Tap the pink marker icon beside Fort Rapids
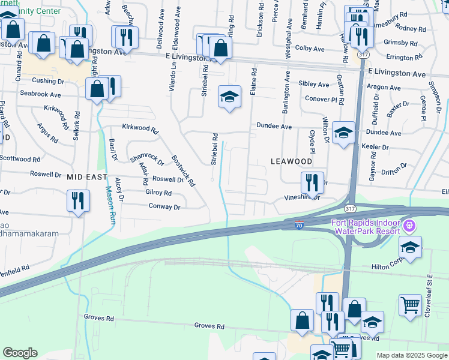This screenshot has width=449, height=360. (x=411, y=227)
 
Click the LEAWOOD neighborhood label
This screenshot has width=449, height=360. (x=291, y=161)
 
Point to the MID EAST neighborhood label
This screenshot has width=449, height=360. (x=86, y=177)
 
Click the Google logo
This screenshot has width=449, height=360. (x=20, y=353)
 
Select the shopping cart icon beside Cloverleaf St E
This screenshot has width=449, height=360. (x=410, y=304)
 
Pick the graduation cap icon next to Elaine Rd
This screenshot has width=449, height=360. (x=229, y=98)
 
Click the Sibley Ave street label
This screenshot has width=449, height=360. (x=314, y=85)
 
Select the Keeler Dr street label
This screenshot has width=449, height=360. (x=375, y=147)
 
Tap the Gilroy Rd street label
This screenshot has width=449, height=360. (x=158, y=193)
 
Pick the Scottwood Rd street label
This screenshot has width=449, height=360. (x=20, y=159)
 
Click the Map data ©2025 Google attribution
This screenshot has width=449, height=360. (x=411, y=355)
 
